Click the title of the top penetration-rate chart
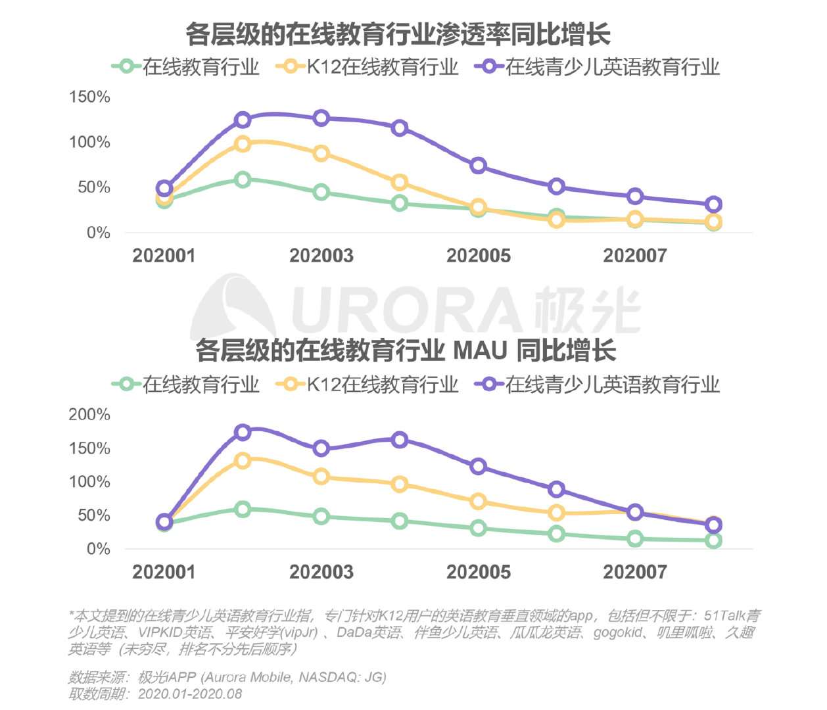pos(398,34)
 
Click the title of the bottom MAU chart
pos(406,350)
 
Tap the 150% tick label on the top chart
pos(89,97)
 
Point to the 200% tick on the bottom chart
pos(89,415)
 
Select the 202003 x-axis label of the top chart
pos(321,256)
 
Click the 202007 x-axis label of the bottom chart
pos(635,572)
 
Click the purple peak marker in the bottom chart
pos(243,433)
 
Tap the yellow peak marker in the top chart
pos(243,144)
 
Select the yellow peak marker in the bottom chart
pos(243,461)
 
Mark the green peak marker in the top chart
pos(243,179)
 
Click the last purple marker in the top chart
pos(713,204)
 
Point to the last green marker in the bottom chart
pos(713,540)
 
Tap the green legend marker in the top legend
pos(126,67)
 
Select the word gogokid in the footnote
pos(618,632)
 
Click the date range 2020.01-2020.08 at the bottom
pos(190,694)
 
